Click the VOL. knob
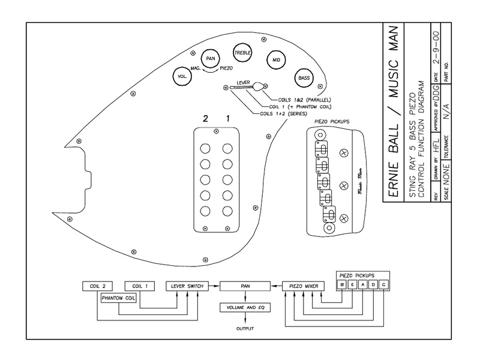[x=182, y=77]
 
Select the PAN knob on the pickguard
[x=211, y=58]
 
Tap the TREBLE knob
[x=242, y=53]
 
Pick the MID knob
[x=276, y=60]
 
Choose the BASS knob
[x=304, y=78]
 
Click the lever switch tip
[x=259, y=87]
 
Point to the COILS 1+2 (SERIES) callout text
[x=283, y=113]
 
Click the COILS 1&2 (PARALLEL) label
[x=304, y=100]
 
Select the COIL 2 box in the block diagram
[x=98, y=286]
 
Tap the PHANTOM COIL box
[x=118, y=298]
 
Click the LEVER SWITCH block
[x=187, y=286]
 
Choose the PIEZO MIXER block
[x=304, y=286]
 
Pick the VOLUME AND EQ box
[x=245, y=308]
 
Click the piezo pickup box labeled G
[x=383, y=284]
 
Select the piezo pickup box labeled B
[x=342, y=284]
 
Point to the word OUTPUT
[x=245, y=329]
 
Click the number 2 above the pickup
[x=205, y=118]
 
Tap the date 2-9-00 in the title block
[x=436, y=47]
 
